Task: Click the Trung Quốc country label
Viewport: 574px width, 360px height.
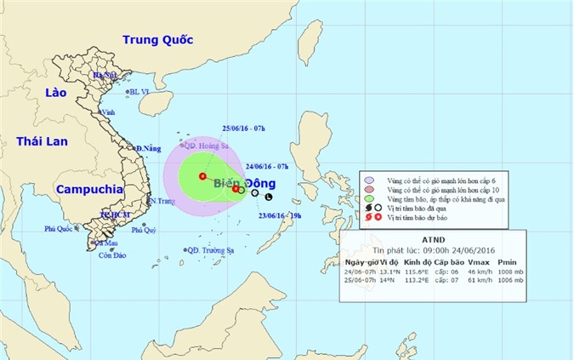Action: pos(160,39)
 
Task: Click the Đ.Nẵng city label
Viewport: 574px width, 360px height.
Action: pos(150,149)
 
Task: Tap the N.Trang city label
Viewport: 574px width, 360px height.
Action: pos(161,201)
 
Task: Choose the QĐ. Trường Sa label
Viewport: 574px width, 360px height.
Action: pos(211,249)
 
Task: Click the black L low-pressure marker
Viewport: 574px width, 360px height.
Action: pos(269,197)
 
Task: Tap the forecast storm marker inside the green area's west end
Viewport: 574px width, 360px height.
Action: pos(202,176)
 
